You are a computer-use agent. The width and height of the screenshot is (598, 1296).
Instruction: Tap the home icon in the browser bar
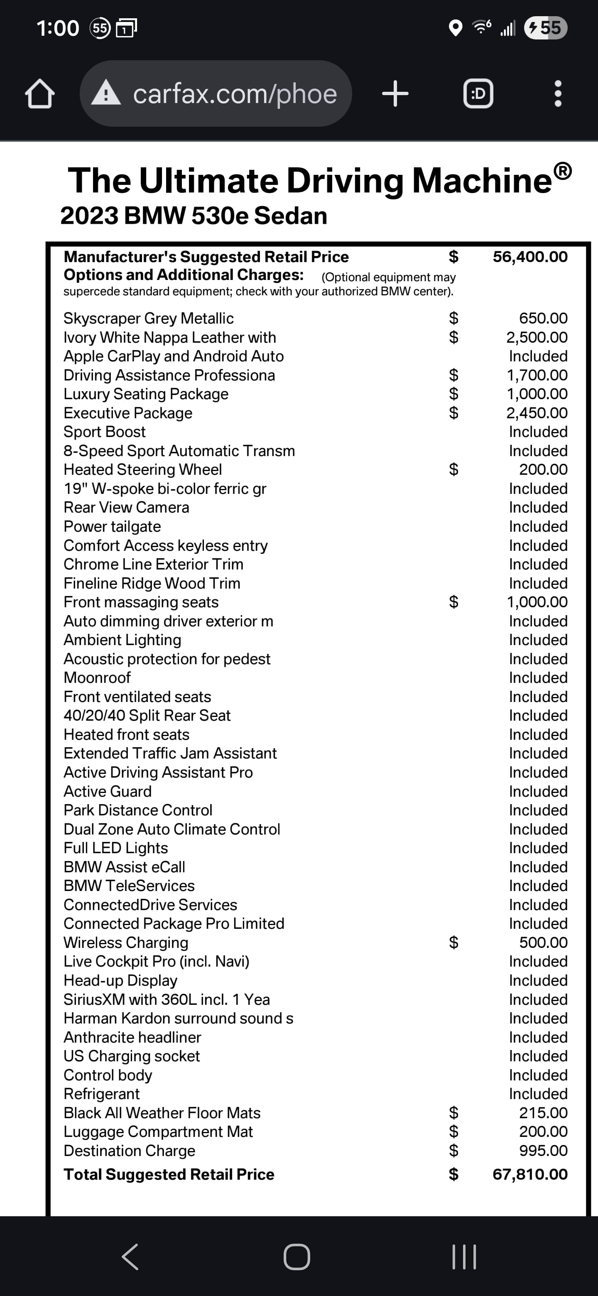coord(40,94)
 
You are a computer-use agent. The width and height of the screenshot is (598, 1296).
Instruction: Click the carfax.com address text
coord(234,94)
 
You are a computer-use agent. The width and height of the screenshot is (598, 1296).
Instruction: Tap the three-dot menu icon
coord(557,94)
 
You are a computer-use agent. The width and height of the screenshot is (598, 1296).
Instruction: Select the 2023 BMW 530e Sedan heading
coord(194,216)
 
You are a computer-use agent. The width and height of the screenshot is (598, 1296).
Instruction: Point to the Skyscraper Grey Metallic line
coord(148,319)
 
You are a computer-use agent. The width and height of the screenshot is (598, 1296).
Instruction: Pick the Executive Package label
coord(128,413)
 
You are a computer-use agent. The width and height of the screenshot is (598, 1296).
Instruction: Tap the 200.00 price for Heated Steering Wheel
coord(543,469)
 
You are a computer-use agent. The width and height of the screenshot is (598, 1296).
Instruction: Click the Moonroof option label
coord(97,677)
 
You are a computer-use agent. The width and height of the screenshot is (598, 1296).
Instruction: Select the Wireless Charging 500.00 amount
coord(543,943)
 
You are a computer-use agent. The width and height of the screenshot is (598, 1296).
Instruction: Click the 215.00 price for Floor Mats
coord(543,1113)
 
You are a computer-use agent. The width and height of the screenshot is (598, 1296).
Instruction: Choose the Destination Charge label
coord(129,1151)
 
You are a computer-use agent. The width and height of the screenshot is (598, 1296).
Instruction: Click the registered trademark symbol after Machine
coord(563,171)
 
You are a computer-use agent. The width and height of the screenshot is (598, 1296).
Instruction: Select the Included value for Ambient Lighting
coord(538,640)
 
